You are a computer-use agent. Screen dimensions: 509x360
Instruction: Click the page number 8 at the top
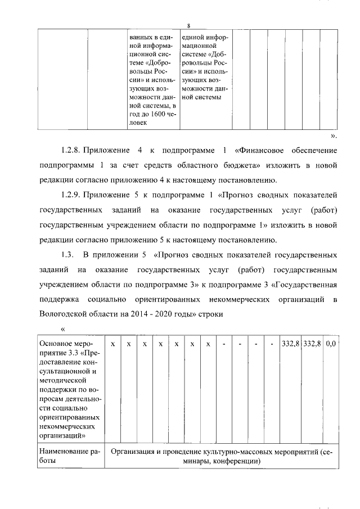189,25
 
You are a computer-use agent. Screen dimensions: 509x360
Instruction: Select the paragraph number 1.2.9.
71,195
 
